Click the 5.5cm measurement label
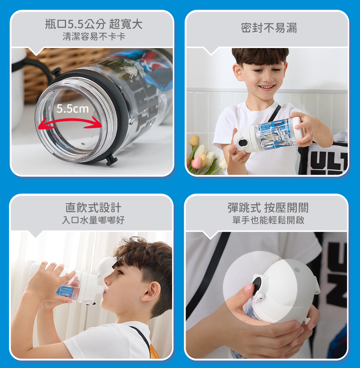click(x=73, y=109)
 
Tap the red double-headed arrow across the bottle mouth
click(x=70, y=121)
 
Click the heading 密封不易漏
click(x=269, y=28)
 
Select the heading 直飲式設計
click(x=93, y=208)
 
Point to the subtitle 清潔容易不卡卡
click(x=94, y=37)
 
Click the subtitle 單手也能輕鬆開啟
click(x=268, y=220)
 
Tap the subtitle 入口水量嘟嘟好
click(x=93, y=220)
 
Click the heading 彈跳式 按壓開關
click(x=268, y=208)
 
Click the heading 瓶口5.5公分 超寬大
click(x=94, y=24)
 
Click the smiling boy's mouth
click(x=267, y=87)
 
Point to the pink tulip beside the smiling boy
click(x=196, y=162)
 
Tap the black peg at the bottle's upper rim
click(x=56, y=72)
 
